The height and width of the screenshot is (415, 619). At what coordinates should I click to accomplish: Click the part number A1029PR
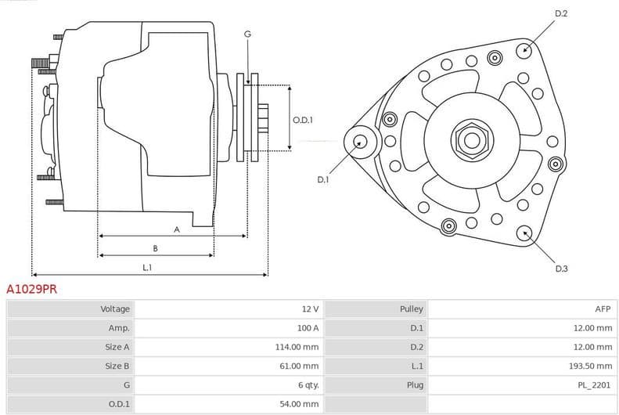pyautogui.click(x=31, y=289)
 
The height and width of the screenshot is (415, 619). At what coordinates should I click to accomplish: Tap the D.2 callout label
pyautogui.click(x=561, y=13)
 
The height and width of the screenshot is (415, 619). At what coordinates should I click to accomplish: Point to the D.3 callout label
pyautogui.click(x=561, y=269)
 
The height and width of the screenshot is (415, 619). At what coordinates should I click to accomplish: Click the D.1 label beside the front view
pyautogui.click(x=323, y=179)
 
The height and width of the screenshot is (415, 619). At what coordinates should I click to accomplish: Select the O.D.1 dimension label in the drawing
pyautogui.click(x=303, y=120)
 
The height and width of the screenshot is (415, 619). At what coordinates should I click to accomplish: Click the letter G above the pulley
pyautogui.click(x=247, y=34)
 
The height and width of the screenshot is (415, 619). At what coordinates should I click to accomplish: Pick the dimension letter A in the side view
pyautogui.click(x=177, y=229)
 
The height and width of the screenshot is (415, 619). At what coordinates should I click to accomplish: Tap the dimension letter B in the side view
pyautogui.click(x=155, y=248)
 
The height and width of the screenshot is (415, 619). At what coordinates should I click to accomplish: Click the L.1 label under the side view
pyautogui.click(x=147, y=268)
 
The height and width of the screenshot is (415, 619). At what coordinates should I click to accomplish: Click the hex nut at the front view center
pyautogui.click(x=471, y=140)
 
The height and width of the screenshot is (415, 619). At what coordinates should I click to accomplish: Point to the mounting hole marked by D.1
pyautogui.click(x=360, y=142)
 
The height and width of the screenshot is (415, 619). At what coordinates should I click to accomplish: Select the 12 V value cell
pyautogui.click(x=310, y=309)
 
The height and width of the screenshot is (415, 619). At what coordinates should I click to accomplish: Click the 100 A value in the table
pyautogui.click(x=308, y=328)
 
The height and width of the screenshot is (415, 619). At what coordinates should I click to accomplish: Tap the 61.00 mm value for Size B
pyautogui.click(x=302, y=366)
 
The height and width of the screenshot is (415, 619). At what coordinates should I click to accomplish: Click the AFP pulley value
pyautogui.click(x=603, y=309)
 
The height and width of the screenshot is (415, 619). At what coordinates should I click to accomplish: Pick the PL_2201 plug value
pyautogui.click(x=596, y=384)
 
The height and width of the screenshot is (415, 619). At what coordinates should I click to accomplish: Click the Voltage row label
pyautogui.click(x=115, y=309)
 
